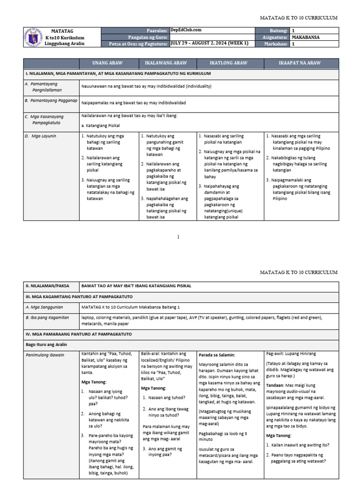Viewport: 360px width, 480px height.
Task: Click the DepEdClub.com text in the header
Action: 186,30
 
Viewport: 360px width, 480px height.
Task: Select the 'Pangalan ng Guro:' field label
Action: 148,37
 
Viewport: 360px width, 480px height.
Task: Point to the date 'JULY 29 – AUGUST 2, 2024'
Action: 209,44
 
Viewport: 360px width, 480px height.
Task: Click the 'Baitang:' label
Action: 278,30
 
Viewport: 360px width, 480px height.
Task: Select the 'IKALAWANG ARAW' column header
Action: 167,63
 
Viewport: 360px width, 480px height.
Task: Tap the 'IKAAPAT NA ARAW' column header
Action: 300,63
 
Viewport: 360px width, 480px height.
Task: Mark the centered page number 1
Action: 178,237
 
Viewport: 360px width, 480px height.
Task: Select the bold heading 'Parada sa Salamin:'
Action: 216,354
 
